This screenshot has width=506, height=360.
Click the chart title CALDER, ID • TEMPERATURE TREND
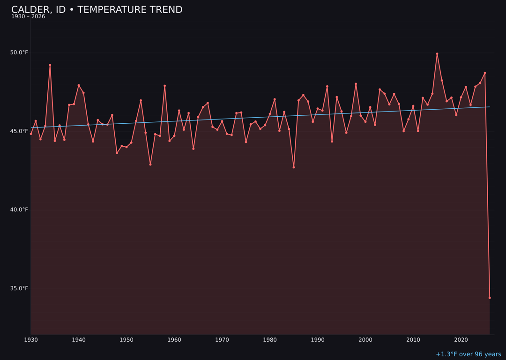click(x=97, y=10)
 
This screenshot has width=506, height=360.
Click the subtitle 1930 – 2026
click(x=28, y=17)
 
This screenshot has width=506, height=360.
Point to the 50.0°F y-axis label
click(x=19, y=52)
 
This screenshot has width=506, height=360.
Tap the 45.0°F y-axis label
click(x=19, y=131)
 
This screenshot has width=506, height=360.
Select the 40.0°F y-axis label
click(x=19, y=210)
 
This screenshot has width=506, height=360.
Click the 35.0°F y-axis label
click(x=19, y=288)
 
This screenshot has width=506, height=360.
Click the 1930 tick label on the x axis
click(x=31, y=340)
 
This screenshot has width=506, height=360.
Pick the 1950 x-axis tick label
click(x=126, y=340)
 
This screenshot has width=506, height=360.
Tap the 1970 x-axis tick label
click(x=222, y=340)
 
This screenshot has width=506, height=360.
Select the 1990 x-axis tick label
click(x=318, y=340)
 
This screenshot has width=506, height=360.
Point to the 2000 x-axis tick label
click(x=365, y=340)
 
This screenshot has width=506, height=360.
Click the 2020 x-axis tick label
click(x=461, y=340)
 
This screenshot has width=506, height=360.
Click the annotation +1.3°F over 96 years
click(x=468, y=354)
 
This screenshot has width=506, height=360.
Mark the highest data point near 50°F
click(x=437, y=54)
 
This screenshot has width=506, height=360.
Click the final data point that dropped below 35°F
click(x=490, y=298)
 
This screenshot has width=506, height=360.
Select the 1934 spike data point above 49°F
click(x=50, y=65)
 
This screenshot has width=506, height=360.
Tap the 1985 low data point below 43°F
click(x=294, y=167)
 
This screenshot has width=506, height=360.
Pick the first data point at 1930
click(x=31, y=134)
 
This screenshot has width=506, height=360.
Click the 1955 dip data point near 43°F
click(x=150, y=165)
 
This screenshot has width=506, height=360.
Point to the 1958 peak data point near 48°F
click(x=164, y=86)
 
